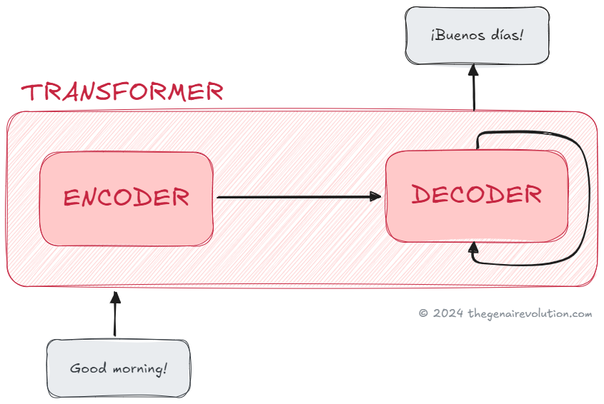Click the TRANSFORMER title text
(122, 92)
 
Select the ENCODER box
(127, 198)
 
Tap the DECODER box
(477, 195)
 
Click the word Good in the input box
(87, 369)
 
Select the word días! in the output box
(507, 34)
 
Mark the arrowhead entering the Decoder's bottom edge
(473, 248)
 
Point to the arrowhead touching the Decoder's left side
(376, 196)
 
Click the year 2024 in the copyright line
(448, 313)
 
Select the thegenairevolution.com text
(530, 313)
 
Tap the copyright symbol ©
(423, 313)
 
